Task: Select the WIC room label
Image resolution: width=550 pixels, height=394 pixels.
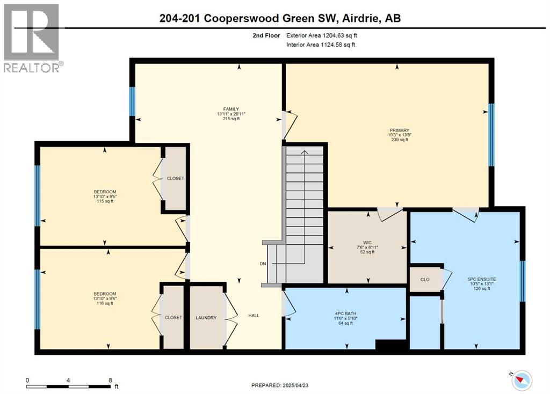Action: [367, 243]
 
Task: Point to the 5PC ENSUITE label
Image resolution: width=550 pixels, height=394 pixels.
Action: [482, 279]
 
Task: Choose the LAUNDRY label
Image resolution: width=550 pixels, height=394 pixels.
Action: [206, 318]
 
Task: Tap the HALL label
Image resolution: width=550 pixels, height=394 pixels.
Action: [254, 315]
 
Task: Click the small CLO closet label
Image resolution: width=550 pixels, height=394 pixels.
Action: [425, 279]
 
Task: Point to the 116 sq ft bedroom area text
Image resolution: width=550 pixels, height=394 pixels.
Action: [105, 303]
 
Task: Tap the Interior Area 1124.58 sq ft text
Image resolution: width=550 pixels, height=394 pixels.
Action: [320, 45]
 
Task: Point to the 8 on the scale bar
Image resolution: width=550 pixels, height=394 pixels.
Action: [111, 380]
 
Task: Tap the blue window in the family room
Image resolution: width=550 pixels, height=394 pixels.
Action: [132, 101]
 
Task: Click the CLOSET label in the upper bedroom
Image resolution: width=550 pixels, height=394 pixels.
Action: [175, 178]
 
